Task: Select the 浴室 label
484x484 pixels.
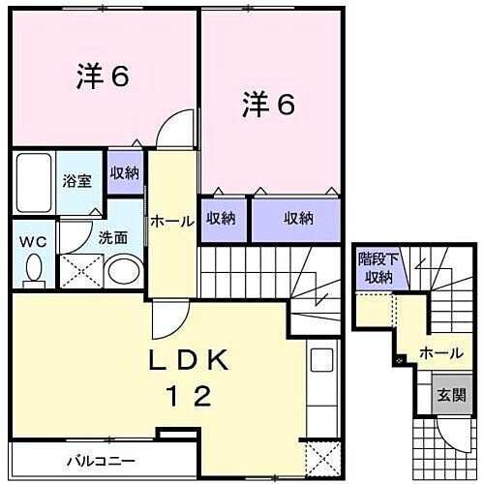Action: [76, 180]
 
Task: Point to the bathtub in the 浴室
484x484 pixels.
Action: [32, 182]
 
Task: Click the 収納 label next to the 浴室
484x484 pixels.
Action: [123, 174]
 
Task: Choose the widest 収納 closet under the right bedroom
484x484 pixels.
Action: [297, 219]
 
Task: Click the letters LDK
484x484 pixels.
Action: [190, 362]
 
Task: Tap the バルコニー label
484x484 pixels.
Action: [101, 459]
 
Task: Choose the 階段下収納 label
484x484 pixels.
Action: [375, 268]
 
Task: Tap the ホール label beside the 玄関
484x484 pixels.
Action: [440, 353]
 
